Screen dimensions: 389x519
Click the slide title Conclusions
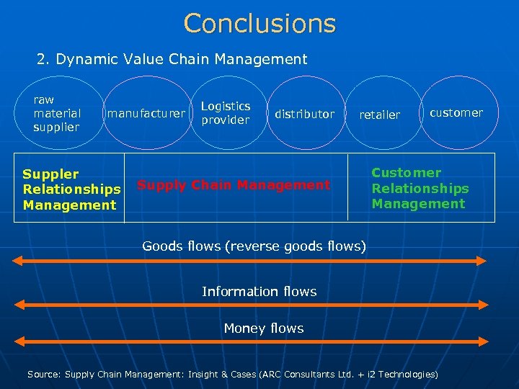click(x=259, y=23)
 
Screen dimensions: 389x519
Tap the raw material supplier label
click(x=57, y=113)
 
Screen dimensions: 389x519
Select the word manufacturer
click(x=146, y=113)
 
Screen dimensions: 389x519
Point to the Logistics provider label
click(x=226, y=113)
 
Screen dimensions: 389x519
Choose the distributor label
click(x=305, y=114)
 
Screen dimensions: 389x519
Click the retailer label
click(x=379, y=115)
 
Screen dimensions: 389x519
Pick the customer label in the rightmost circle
click(x=456, y=112)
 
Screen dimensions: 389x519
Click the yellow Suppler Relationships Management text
click(x=71, y=189)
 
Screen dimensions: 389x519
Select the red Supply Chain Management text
click(x=234, y=185)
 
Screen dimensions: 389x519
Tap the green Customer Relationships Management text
click(x=420, y=188)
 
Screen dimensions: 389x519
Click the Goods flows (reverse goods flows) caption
click(x=254, y=246)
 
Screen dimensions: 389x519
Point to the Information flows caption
click(x=259, y=291)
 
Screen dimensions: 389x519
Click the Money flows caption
click(x=264, y=328)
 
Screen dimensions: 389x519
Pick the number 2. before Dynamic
click(x=43, y=59)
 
